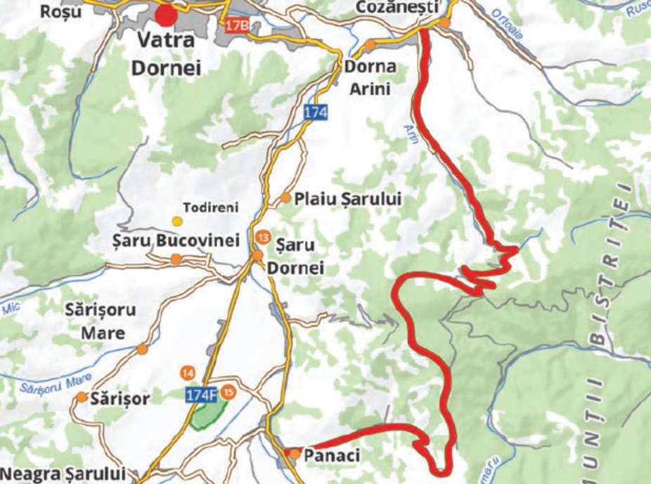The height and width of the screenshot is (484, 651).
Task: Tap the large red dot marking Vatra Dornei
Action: tap(166, 15)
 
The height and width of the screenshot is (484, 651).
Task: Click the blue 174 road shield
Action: tap(316, 112)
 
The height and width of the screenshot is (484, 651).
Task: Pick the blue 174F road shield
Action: tap(201, 395)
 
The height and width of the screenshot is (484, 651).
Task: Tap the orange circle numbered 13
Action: tap(263, 238)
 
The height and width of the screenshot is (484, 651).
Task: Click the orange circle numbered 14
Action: tap(188, 372)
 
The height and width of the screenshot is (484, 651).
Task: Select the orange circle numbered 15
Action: tap(228, 391)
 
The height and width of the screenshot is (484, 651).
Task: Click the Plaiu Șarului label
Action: tap(348, 199)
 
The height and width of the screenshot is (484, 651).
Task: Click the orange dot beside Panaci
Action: tap(295, 454)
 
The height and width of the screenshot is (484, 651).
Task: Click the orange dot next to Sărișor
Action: tap(82, 398)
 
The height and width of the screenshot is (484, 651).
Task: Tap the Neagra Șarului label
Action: tap(63, 473)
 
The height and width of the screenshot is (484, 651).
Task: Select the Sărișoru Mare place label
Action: tap(101, 321)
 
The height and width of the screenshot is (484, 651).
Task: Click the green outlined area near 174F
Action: tap(209, 415)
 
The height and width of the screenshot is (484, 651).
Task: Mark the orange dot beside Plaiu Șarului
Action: tap(285, 198)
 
